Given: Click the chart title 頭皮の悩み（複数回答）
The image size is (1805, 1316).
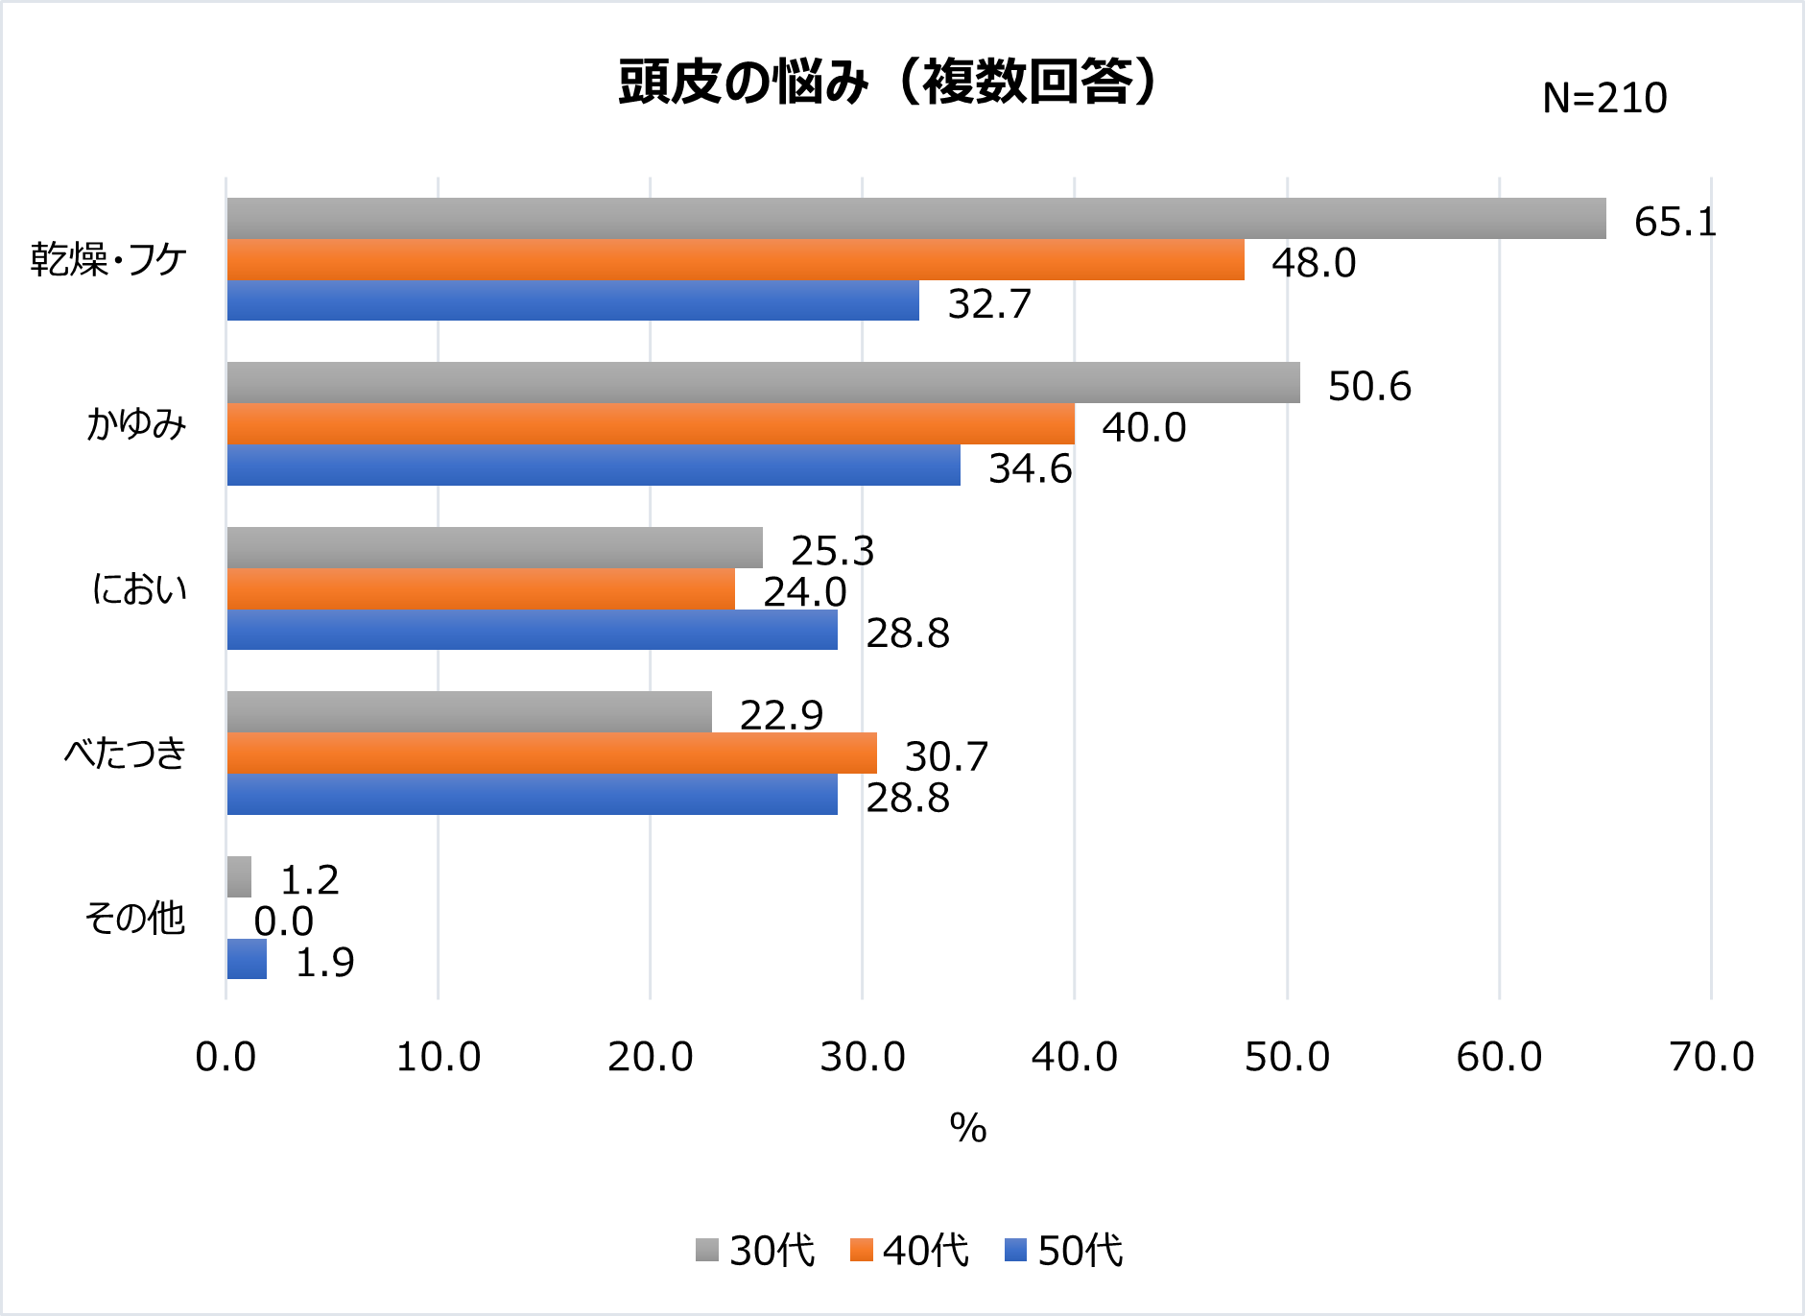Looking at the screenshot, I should [x=888, y=83].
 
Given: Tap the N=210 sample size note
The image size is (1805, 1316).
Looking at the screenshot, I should [x=1603, y=99].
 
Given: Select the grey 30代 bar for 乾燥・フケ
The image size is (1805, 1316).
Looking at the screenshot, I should [x=915, y=219].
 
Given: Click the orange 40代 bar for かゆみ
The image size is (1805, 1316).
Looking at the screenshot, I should [x=651, y=424].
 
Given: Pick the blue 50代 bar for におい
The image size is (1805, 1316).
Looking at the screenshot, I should [x=532, y=631].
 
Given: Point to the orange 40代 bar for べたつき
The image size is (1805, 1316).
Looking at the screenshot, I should [x=552, y=754].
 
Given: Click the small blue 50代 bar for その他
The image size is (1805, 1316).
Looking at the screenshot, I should [x=247, y=960].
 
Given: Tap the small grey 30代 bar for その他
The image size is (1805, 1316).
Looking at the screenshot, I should [x=239, y=877].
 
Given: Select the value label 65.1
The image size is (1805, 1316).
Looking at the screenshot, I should [x=1674, y=223].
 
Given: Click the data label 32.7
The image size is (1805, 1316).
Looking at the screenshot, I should [x=988, y=304].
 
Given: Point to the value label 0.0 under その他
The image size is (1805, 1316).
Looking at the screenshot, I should [x=283, y=921].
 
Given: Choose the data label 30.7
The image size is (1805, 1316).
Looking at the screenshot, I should [x=945, y=757].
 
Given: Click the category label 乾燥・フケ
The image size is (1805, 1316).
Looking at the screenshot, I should [x=108, y=260].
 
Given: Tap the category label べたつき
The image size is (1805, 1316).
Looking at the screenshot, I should [x=125, y=754].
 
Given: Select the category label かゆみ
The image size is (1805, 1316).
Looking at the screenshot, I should [x=135, y=424].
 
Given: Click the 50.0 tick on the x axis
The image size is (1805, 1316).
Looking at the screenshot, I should [x=1287, y=1058].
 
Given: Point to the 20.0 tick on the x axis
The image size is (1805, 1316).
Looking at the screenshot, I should [x=650, y=1058].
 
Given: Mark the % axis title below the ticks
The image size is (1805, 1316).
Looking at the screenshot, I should [x=967, y=1128].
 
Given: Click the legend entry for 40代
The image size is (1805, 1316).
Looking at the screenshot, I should [x=910, y=1251].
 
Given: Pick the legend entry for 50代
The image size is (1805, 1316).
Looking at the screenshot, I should [x=1064, y=1251].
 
